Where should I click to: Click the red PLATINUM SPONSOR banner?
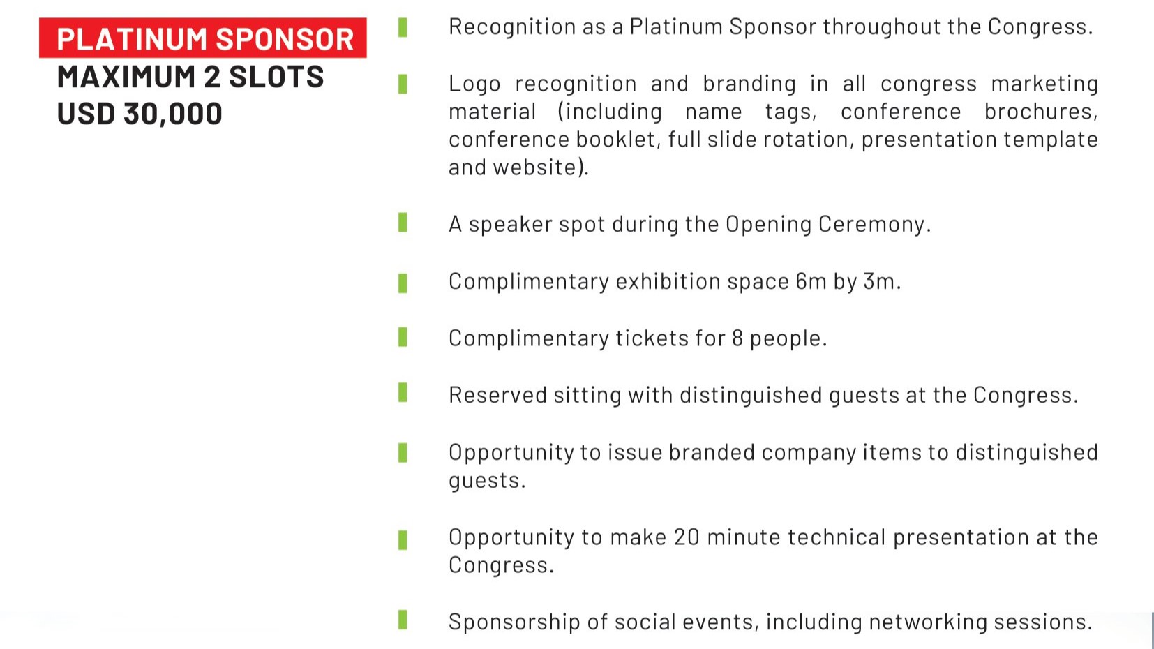[202, 38]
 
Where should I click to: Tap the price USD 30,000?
[139, 114]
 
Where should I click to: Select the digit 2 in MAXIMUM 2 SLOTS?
[211, 76]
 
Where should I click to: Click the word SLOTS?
[276, 76]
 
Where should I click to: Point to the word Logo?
[474, 84]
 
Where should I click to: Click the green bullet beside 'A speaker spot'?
[403, 223]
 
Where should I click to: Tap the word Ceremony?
[874, 225]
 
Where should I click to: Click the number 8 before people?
[737, 338]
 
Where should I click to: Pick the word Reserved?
[497, 396]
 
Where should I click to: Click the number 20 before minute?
[687, 537]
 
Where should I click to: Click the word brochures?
[1041, 112]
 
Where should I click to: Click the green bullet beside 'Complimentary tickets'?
[403, 337]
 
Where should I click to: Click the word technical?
[837, 537]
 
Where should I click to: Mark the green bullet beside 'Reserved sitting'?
[403, 393]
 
